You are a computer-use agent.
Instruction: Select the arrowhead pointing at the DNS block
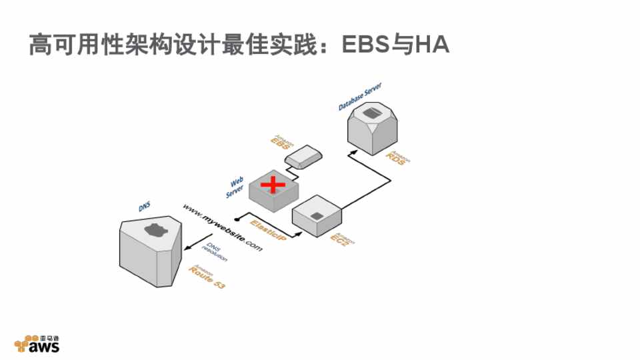point(187,249)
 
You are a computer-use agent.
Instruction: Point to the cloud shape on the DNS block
point(154,230)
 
